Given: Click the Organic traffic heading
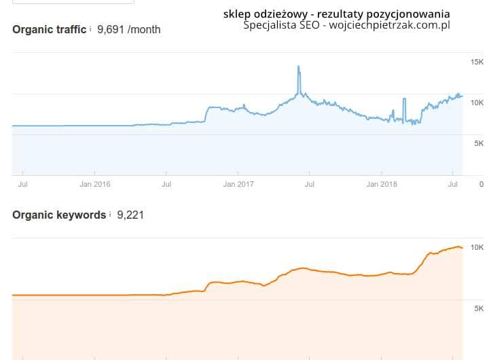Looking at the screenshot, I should tap(49, 30).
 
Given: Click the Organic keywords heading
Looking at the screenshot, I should tap(59, 215).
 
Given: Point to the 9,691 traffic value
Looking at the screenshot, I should tap(111, 30).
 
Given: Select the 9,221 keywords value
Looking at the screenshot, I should tap(130, 215).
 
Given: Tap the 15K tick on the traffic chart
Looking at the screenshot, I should tap(477, 62).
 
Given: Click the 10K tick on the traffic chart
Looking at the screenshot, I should tap(477, 103).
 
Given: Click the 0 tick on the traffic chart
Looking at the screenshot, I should tap(482, 183).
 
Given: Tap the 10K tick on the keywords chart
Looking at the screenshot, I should tap(477, 247).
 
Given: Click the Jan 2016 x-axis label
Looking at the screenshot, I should tap(94, 183).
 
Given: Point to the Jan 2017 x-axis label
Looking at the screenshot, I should tap(238, 183).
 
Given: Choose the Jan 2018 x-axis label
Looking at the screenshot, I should tap(382, 183).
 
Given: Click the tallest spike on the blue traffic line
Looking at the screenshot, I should tap(298, 67).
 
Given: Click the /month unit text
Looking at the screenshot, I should tap(144, 30).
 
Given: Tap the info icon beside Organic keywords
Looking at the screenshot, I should tap(110, 214).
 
